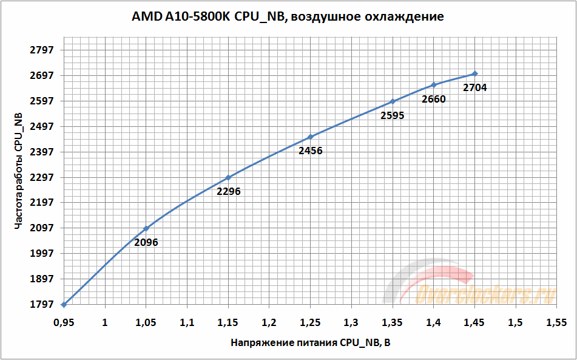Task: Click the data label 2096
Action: [146, 242]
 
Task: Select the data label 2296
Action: [228, 191]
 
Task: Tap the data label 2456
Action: [311, 151]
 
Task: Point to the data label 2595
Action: [393, 115]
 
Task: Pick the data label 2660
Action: [434, 99]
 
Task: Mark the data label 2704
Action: [475, 87]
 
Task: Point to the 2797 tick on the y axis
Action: [42, 50]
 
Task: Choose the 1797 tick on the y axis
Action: [42, 304]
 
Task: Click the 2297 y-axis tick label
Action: [42, 177]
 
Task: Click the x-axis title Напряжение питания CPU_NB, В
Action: [310, 343]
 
